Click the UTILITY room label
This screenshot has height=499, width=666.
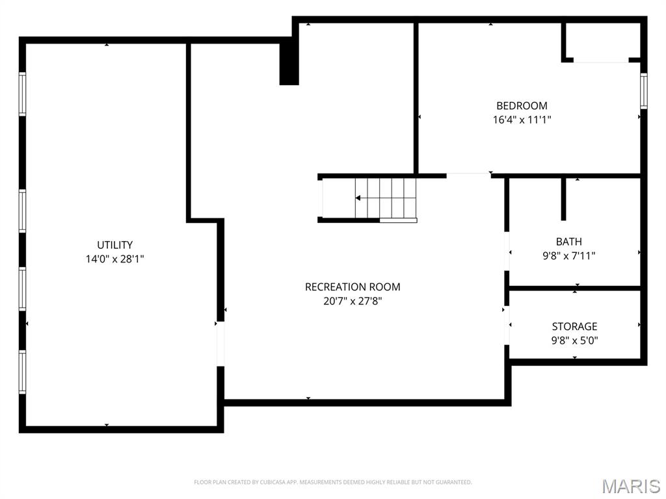115,245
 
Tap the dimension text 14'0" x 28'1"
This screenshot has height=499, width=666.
115,259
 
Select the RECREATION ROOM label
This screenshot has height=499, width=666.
353,287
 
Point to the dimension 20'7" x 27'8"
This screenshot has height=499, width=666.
353,301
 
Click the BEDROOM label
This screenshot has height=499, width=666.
522,105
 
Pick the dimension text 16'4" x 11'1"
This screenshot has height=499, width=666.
522,120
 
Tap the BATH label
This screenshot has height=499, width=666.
568,242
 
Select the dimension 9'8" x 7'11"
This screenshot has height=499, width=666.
568,256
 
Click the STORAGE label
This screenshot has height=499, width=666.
574,326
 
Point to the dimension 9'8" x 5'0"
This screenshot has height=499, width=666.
574,340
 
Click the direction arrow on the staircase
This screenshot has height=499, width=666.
358,198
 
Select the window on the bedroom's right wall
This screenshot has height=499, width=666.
643,90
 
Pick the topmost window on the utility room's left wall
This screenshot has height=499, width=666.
22,94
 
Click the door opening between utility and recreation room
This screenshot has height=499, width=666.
220,344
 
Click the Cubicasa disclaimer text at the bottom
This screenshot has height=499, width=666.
332,482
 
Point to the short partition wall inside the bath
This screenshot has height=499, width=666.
563,199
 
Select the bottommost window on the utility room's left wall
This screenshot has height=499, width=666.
22,372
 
